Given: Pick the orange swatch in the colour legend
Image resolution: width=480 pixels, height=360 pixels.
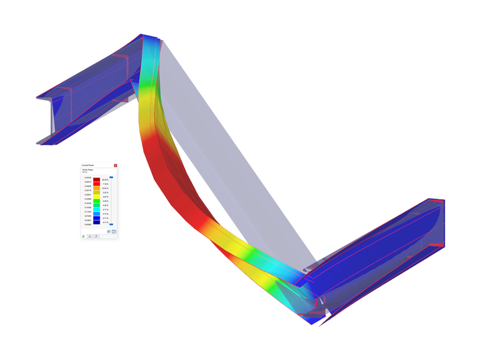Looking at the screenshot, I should pos(97,188).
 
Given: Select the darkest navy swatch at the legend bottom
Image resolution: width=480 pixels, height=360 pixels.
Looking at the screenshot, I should pos(97,222).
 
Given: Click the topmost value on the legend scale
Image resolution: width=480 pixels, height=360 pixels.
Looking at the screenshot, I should pos(88,178).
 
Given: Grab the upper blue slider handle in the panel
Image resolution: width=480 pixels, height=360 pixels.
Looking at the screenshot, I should pos(111,178).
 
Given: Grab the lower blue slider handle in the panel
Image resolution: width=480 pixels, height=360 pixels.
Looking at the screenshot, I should pos(111,224).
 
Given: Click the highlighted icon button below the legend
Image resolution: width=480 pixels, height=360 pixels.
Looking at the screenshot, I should pos(114,232).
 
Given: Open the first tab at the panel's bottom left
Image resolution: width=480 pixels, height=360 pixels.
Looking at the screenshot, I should pos(83,236).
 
